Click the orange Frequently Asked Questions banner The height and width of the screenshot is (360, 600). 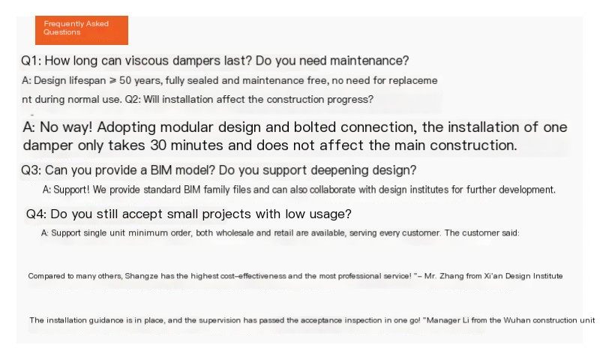pyautogui.click(x=82, y=30)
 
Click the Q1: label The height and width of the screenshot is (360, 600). pyautogui.click(x=31, y=61)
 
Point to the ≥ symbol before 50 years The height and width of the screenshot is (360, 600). pyautogui.click(x=113, y=81)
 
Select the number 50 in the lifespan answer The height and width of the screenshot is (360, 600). pyautogui.click(x=125, y=81)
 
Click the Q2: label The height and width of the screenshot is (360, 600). pyautogui.click(x=133, y=100)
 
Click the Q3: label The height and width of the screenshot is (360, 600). pyautogui.click(x=31, y=170)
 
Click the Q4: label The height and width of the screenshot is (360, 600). pyautogui.click(x=36, y=214)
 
